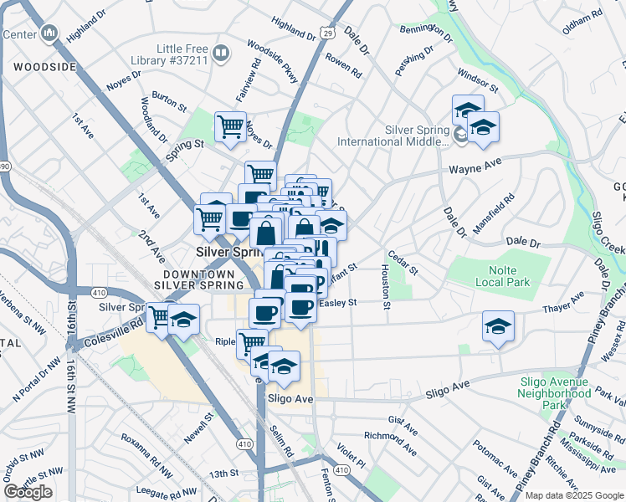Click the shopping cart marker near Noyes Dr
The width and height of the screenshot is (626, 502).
(230, 127)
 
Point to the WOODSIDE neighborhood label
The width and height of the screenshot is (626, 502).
(38, 64)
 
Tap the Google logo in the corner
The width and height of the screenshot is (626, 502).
(28, 492)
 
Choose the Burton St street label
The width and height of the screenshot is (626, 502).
(170, 103)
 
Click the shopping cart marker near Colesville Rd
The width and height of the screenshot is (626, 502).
(159, 317)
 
